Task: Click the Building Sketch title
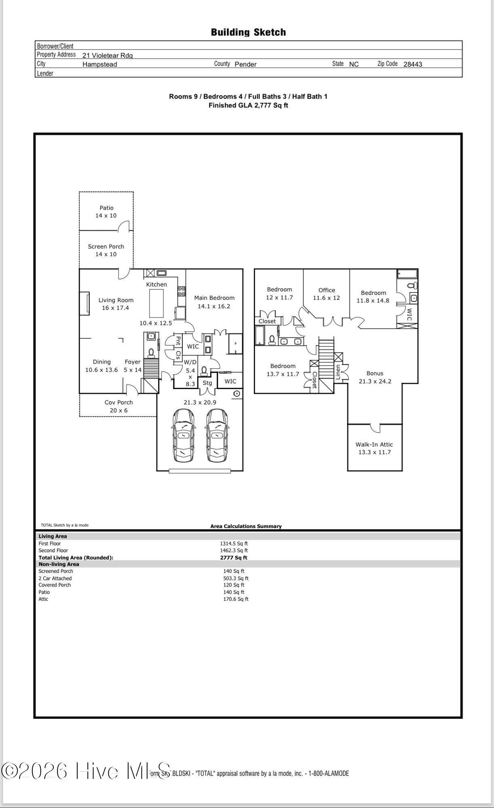pyautogui.click(x=248, y=32)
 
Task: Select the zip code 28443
pyautogui.click(x=412, y=64)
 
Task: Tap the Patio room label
pyautogui.click(x=107, y=208)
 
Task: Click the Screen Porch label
pyautogui.click(x=106, y=246)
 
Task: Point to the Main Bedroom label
pyautogui.click(x=214, y=298)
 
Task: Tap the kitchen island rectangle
pyautogui.click(x=157, y=303)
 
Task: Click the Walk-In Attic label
pyautogui.click(x=374, y=444)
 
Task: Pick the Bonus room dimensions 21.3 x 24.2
pyautogui.click(x=375, y=381)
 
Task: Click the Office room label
pyautogui.click(x=327, y=290)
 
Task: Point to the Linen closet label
pyautogui.click(x=338, y=372)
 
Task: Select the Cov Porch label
pyautogui.click(x=118, y=402)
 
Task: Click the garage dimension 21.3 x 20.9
pyautogui.click(x=200, y=402)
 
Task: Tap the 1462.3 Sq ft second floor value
pyautogui.click(x=234, y=551)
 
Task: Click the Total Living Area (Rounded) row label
pyautogui.click(x=76, y=558)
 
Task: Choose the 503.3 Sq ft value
pyautogui.click(x=236, y=579)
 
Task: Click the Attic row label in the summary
pyautogui.click(x=43, y=599)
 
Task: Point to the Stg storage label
pyautogui.click(x=207, y=383)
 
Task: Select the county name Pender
pyautogui.click(x=245, y=64)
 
